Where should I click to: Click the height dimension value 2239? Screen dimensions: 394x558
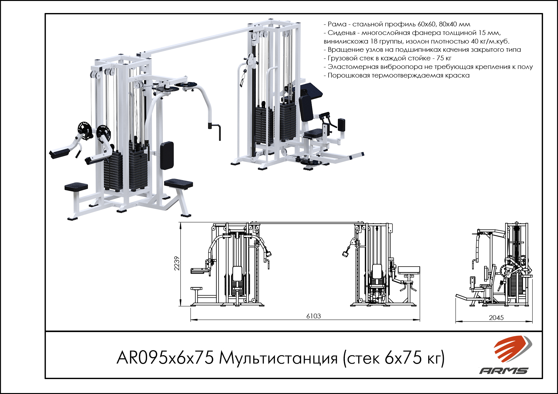[177, 263]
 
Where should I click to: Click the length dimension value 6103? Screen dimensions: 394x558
[313, 316]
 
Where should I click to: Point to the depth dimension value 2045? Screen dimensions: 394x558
[496, 318]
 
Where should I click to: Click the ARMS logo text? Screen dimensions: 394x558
[504, 370]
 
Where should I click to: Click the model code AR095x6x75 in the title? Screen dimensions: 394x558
[165, 358]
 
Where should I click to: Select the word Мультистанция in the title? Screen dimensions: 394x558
[278, 358]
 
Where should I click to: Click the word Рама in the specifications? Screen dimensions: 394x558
[337, 24]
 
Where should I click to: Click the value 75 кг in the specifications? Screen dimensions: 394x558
[444, 58]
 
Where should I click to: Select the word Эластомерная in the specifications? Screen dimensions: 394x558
[353, 67]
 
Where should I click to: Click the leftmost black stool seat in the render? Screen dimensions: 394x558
[76, 187]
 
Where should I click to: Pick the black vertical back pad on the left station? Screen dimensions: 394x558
[167, 155]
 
